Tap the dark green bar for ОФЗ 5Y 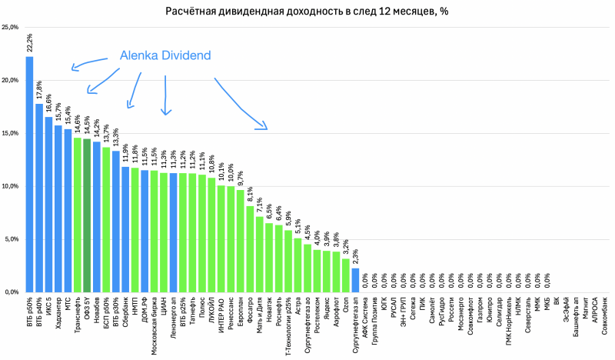point(87,215)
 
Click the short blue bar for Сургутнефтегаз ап point(354,280)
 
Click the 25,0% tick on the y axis point(11,28)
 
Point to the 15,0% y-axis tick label point(11,134)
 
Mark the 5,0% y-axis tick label point(12,239)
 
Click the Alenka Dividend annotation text point(165,57)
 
